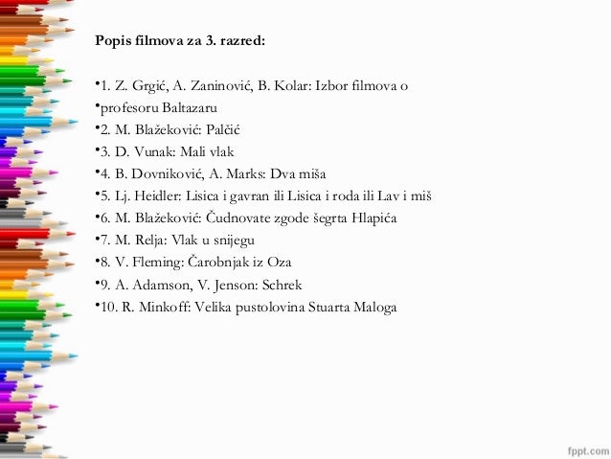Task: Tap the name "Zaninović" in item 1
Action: (211, 86)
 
